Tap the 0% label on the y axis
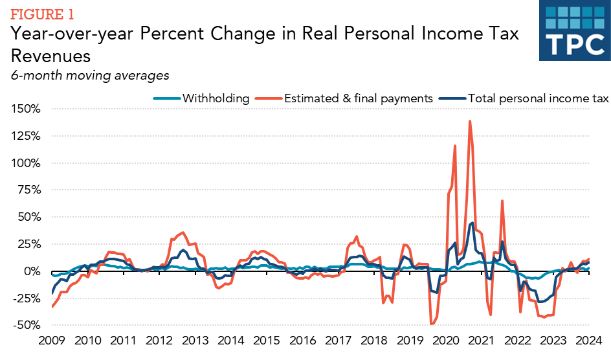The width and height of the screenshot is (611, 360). click(31, 271)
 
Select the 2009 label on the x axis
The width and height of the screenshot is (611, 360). click(52, 341)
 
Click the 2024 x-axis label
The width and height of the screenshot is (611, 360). click(589, 341)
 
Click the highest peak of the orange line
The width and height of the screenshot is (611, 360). click(469, 121)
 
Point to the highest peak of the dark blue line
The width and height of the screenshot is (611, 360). click(472, 223)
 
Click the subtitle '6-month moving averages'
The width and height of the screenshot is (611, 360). click(90, 75)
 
